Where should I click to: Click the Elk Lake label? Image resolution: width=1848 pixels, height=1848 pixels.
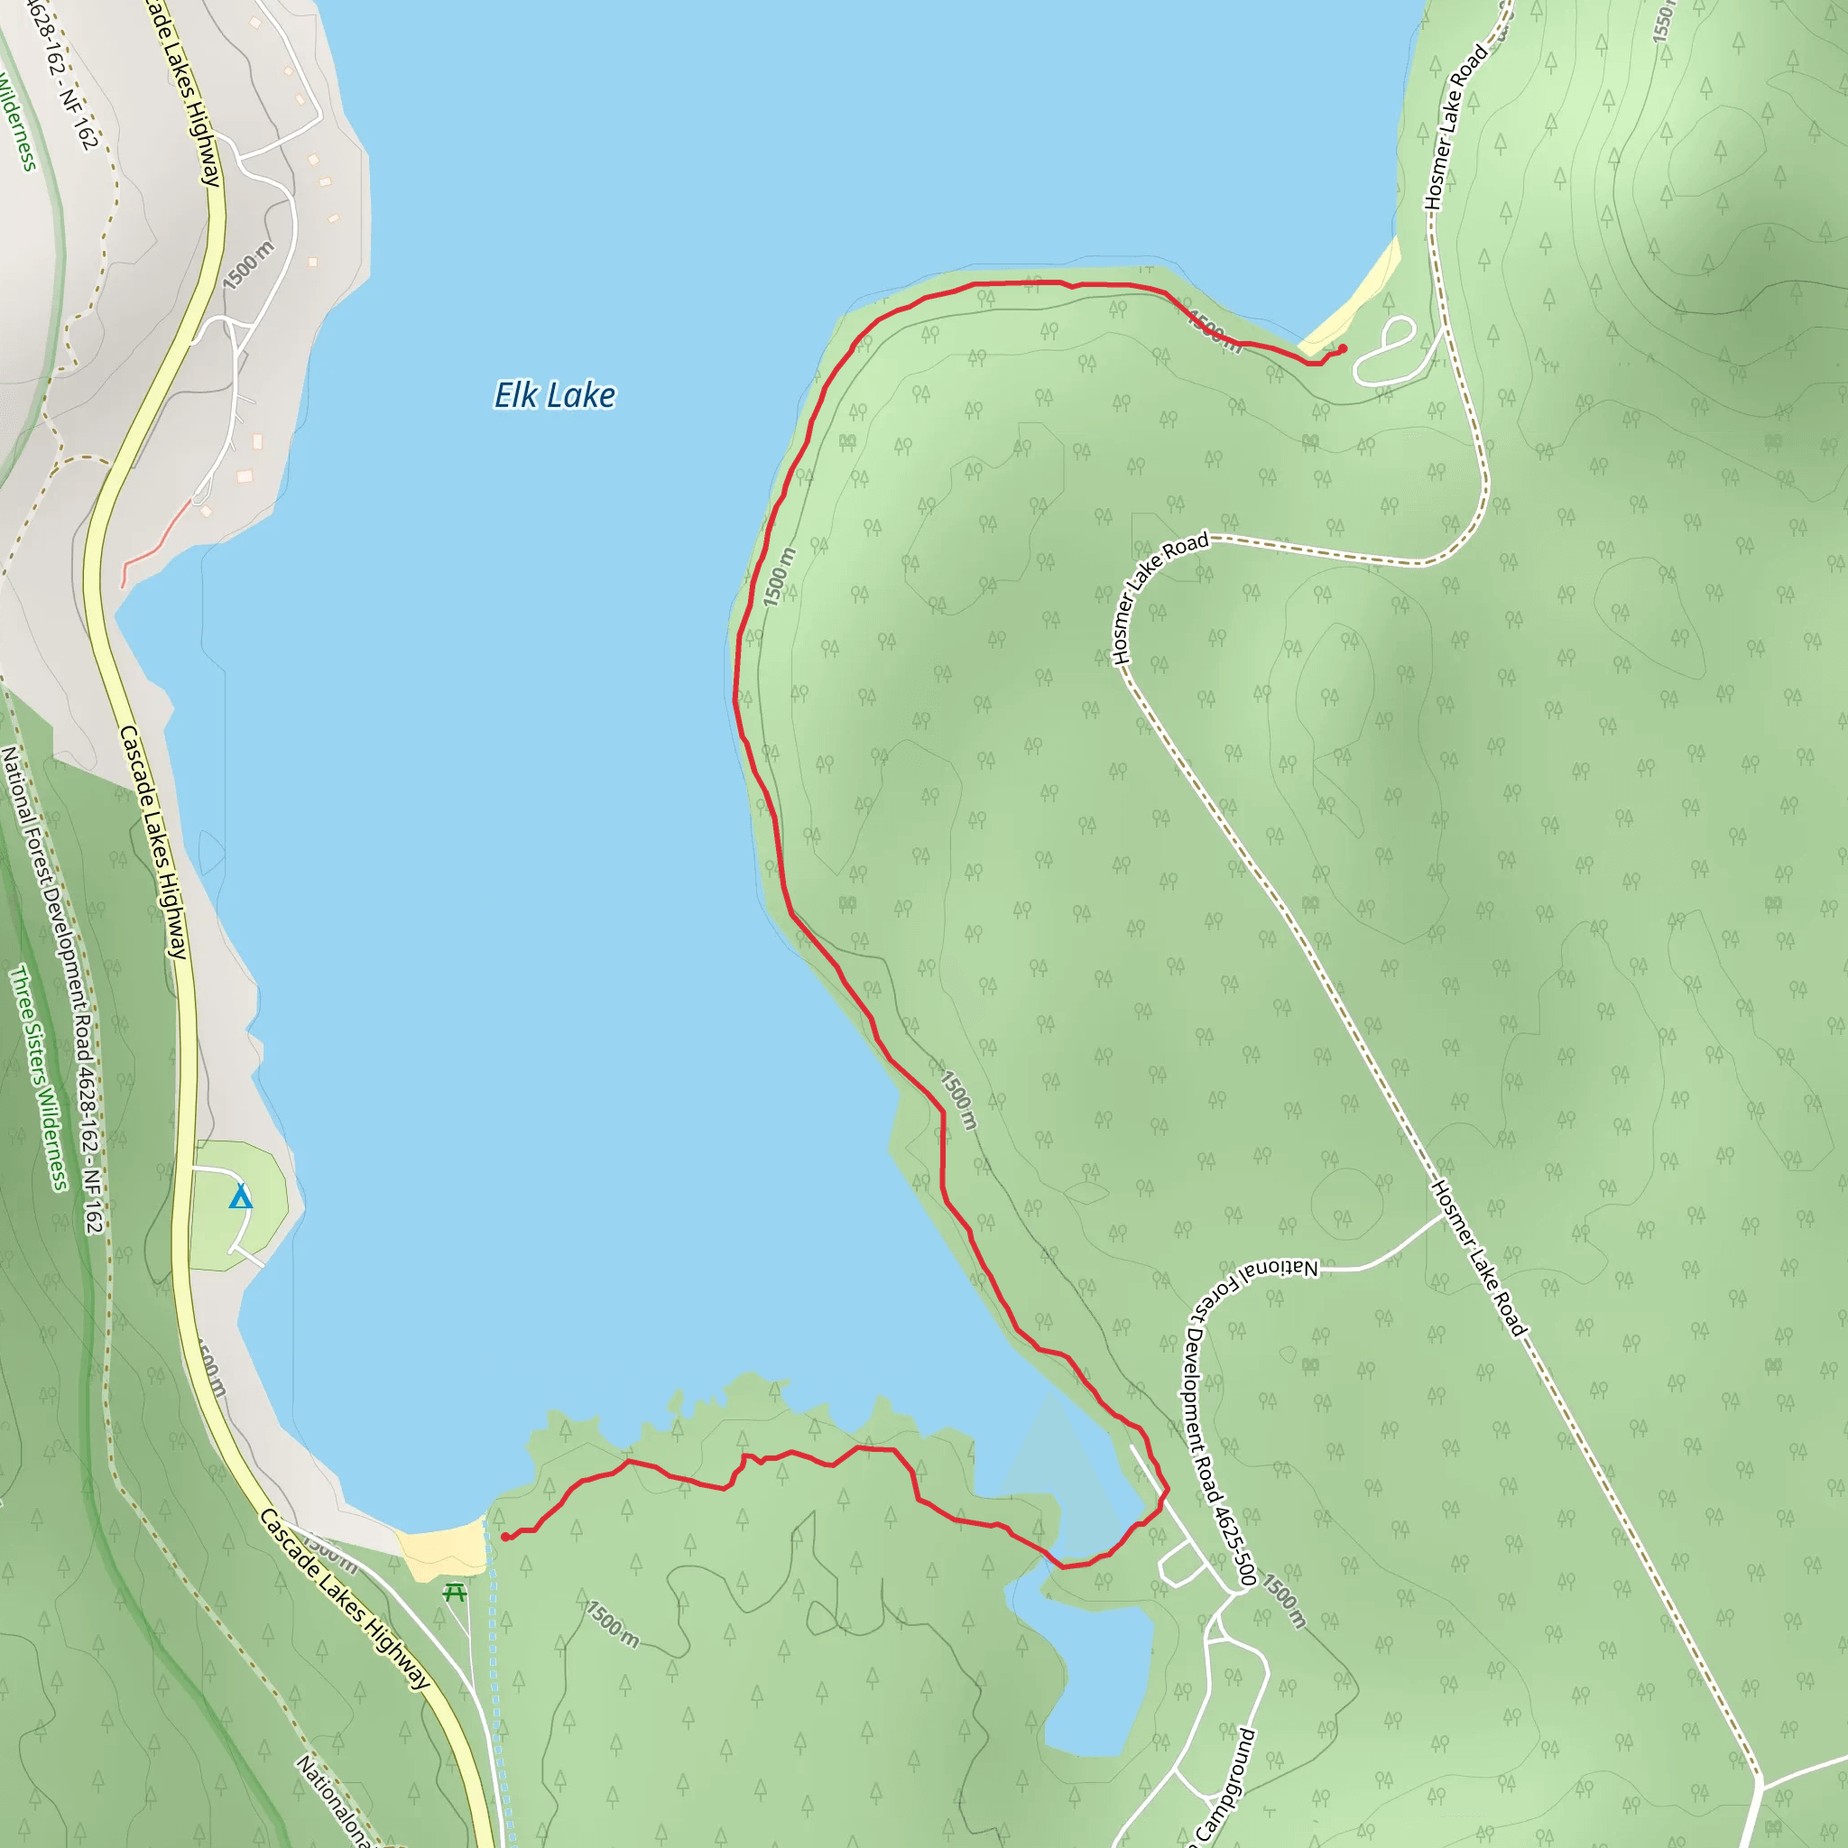click(x=554, y=395)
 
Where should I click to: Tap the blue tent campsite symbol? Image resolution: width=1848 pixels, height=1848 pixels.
click(x=241, y=1197)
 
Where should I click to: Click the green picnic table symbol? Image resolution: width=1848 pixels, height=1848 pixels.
click(x=456, y=1592)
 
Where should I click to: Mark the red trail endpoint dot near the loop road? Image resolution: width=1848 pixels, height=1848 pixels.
click(x=1343, y=348)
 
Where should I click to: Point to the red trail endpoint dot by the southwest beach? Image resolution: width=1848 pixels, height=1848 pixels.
click(x=505, y=1536)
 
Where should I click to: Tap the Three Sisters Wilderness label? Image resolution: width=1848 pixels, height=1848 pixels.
click(x=38, y=1078)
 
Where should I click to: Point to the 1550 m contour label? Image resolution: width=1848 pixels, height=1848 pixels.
click(x=1663, y=21)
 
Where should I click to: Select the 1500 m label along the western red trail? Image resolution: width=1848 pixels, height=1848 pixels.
click(x=780, y=577)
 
